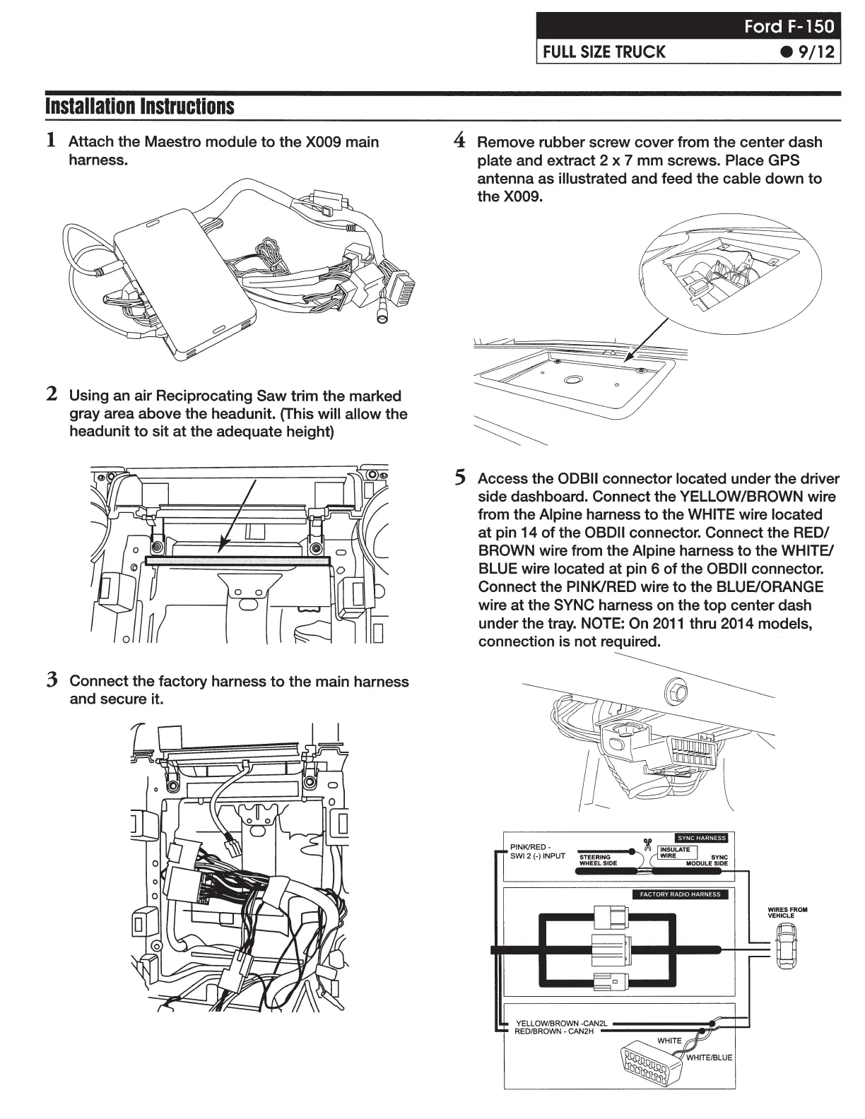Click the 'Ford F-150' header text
coord(789,27)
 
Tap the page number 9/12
coord(808,52)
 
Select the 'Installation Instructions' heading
coord(139,107)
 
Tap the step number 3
coord(52,680)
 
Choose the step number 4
coord(459,140)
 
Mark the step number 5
coord(460,478)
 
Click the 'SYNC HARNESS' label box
coord(701,838)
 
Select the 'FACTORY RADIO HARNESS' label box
coord(680,894)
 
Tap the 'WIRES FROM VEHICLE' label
coord(787,913)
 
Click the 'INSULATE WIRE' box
coord(674,853)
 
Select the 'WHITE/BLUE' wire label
coord(709,1058)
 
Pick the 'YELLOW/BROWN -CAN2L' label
coord(561,1023)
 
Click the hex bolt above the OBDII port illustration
coord(676,692)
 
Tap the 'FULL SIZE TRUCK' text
coord(604,52)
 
